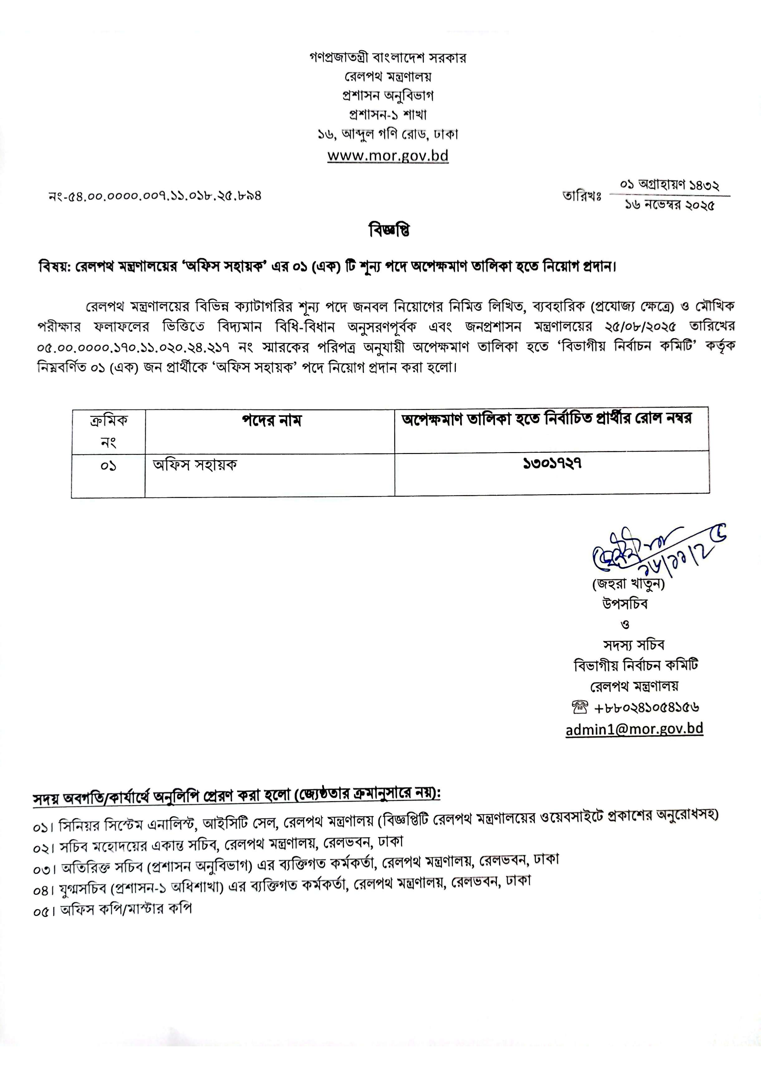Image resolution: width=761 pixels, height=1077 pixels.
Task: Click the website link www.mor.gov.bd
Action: [x=388, y=155]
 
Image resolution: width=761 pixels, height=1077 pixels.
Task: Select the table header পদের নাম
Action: [x=272, y=420]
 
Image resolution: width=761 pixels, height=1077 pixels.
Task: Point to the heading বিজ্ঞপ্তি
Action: [x=389, y=231]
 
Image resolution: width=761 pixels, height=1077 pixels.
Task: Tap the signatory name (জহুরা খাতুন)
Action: [x=628, y=584]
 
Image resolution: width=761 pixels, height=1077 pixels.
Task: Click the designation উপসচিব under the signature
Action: [x=625, y=604]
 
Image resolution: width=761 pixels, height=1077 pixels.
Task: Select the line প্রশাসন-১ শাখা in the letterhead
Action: [x=388, y=115]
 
